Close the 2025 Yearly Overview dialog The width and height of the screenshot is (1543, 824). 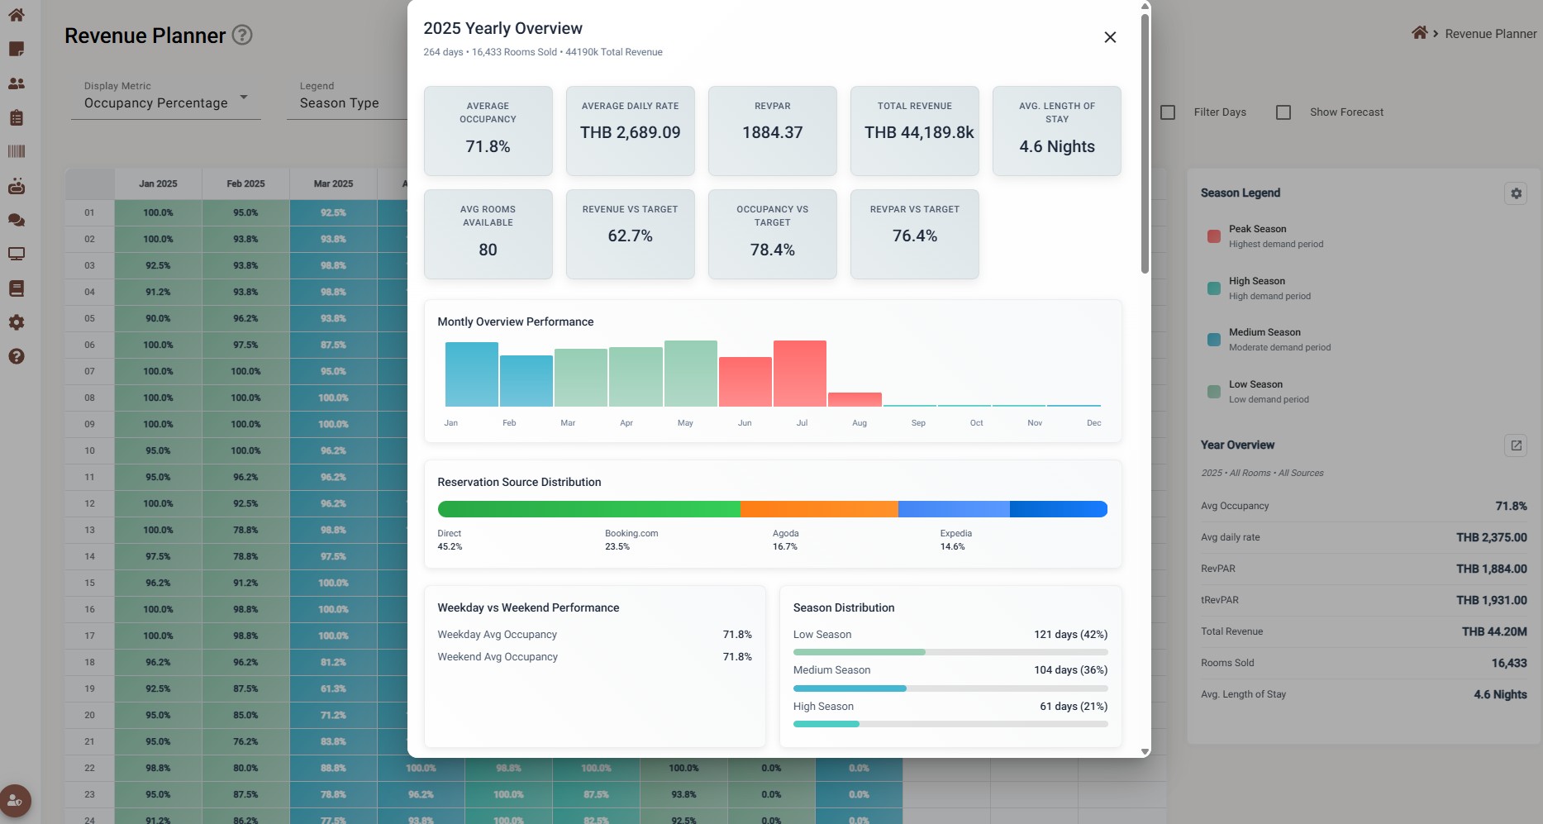point(1110,37)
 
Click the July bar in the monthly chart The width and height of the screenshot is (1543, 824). point(799,374)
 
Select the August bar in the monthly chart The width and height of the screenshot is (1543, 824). point(855,399)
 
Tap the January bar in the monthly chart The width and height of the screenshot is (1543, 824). point(471,374)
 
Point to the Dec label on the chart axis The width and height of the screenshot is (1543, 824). point(1093,423)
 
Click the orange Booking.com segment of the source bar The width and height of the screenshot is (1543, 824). point(819,509)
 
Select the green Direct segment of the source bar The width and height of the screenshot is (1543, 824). point(588,509)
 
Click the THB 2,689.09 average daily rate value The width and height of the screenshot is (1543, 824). point(630,132)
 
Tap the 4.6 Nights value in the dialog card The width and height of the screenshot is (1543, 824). point(1056,146)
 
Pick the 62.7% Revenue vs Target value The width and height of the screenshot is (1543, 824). point(630,236)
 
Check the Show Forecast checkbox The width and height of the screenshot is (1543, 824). point(1283,112)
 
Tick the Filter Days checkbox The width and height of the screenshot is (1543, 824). point(1168,112)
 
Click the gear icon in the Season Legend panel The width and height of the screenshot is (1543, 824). point(1516,193)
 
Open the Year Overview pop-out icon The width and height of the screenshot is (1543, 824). point(1516,445)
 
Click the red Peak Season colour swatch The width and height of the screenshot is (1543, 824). point(1214,236)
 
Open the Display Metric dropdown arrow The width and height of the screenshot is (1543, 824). point(244,98)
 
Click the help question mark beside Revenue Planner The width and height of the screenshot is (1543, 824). point(242,35)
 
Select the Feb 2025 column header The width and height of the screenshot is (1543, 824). point(245,183)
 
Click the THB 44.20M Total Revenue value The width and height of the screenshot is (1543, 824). point(1493,631)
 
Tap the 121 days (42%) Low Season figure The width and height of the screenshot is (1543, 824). point(1070,635)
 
